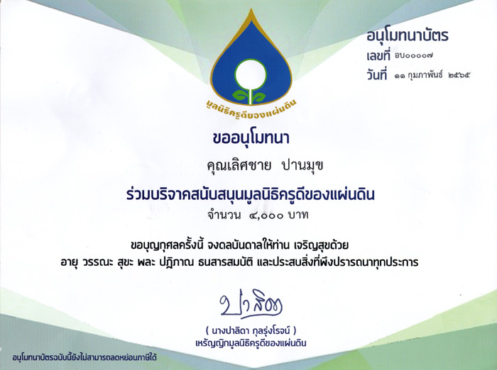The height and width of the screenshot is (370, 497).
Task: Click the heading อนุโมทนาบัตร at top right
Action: pyautogui.click(x=408, y=36)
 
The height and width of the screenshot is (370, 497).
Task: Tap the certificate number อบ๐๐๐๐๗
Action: pyautogui.click(x=414, y=56)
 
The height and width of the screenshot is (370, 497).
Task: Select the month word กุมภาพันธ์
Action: pyautogui.click(x=426, y=76)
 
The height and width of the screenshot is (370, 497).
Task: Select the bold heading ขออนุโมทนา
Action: pyautogui.click(x=251, y=139)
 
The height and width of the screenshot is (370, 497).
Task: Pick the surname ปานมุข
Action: pyautogui.click(x=302, y=166)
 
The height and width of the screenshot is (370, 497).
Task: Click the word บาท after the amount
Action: pyautogui.click(x=298, y=215)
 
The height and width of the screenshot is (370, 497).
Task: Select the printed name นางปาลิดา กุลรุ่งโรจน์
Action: pyautogui.click(x=251, y=331)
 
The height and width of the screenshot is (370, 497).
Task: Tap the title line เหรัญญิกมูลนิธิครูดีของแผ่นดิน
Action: pyautogui.click(x=251, y=343)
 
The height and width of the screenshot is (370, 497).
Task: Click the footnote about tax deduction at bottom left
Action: pyautogui.click(x=84, y=358)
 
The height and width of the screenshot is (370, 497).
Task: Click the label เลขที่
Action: pyautogui.click(x=378, y=56)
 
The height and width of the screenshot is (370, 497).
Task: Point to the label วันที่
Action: pyautogui.click(x=377, y=75)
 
